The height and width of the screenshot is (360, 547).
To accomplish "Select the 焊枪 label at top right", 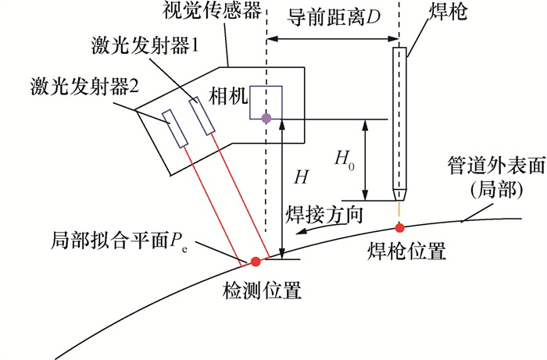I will pos(448,14).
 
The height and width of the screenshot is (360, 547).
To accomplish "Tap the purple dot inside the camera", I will pos(266,118).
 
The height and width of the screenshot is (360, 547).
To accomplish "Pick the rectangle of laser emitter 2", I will pos(175,127).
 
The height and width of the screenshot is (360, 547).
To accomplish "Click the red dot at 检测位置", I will pos(255,261).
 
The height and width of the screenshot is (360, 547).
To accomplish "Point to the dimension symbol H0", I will pos(345,159).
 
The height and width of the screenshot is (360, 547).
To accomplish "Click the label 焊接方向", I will pos(324,215).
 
